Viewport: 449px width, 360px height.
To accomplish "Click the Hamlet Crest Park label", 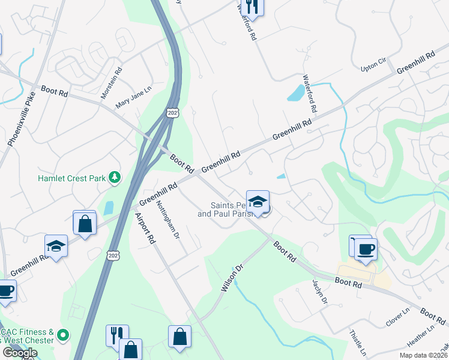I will [72, 178].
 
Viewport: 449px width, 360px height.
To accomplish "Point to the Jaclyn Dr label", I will [319, 292].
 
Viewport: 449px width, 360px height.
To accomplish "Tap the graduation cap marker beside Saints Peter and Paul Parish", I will [258, 202].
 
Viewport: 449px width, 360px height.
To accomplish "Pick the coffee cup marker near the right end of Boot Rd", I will [366, 249].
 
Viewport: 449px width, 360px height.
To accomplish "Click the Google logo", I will [20, 353].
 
